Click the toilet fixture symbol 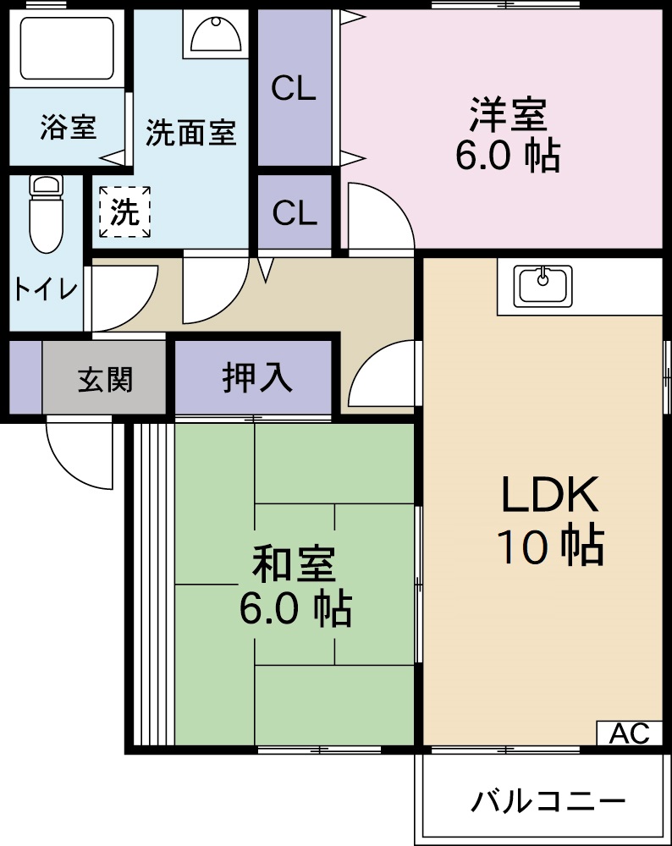coord(46,213)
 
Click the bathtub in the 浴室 coord(67,48)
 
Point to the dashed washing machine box coord(125,211)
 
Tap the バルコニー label coord(548,799)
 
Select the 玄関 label coord(105,380)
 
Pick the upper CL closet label coord(294,89)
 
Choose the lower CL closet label coord(294,213)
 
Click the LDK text coord(550,495)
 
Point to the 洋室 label coord(508,114)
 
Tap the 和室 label coord(295,564)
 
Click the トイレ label coord(45,289)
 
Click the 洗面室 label coord(190,133)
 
